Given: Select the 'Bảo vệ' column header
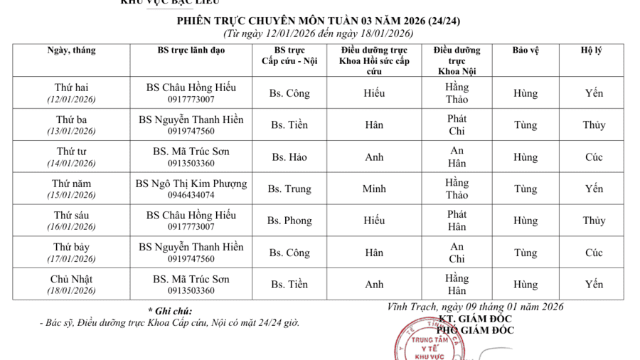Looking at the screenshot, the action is [x=526, y=51].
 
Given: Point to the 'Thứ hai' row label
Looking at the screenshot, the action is [x=71, y=88].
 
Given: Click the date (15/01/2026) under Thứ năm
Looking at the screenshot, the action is [x=71, y=195].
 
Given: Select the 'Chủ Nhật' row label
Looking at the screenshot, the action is [x=71, y=279].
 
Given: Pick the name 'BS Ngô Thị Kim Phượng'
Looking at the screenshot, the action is [x=191, y=184].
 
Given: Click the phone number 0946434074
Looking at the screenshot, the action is [x=191, y=195].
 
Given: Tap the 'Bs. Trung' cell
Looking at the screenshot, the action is [x=289, y=189].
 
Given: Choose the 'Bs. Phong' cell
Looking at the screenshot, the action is [x=289, y=221].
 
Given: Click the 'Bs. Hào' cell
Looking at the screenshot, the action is [x=289, y=157].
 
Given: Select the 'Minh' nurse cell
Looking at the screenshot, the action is [x=374, y=189].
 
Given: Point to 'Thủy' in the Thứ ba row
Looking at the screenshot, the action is [x=594, y=125].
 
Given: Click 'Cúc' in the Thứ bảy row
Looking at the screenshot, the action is [x=594, y=253].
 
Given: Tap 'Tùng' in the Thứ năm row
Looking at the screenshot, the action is [x=526, y=189].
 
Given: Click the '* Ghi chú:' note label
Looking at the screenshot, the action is [x=170, y=311].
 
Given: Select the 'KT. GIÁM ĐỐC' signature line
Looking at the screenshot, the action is [x=475, y=319].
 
